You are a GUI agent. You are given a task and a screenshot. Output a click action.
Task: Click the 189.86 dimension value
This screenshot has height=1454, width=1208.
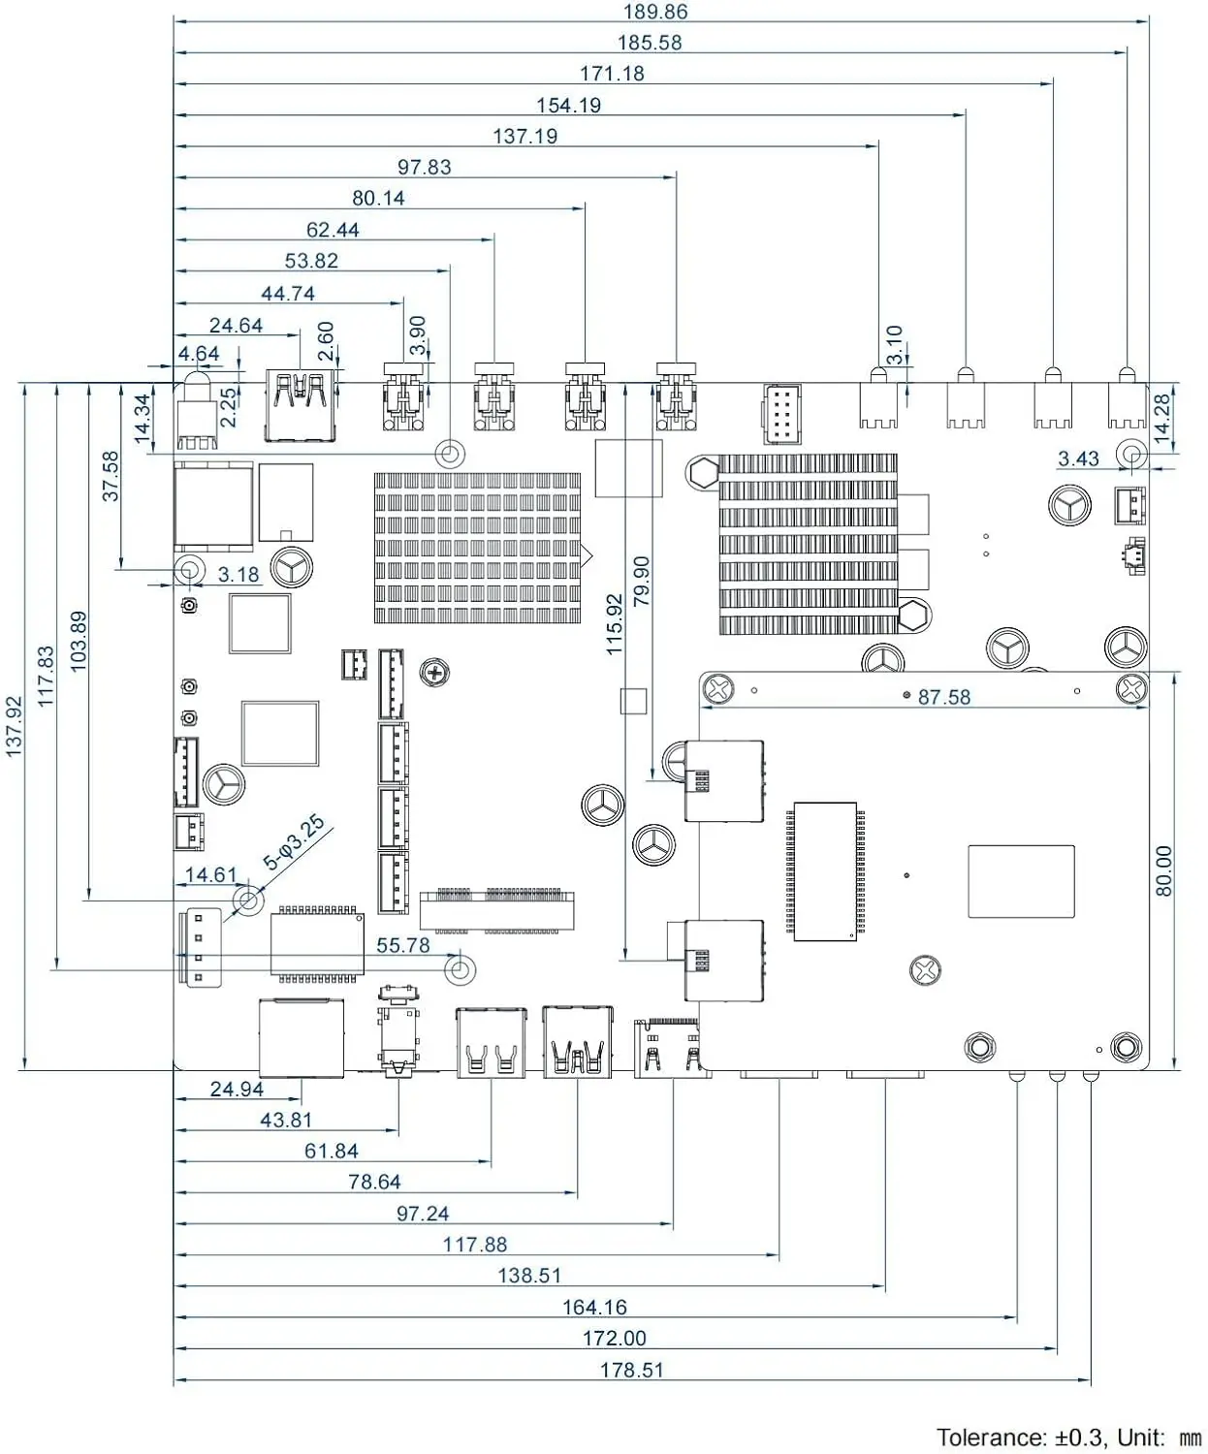(654, 12)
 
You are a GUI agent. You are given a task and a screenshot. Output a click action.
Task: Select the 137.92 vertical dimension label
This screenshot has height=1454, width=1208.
(14, 726)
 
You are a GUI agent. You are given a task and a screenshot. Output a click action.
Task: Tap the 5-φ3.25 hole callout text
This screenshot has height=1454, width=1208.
(294, 842)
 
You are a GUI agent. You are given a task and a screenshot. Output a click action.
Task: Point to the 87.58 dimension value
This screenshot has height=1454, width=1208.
(944, 697)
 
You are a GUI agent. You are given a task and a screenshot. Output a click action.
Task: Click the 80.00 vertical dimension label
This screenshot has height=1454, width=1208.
(1163, 870)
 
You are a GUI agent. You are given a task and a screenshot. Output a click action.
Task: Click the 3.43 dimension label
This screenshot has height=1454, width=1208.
(1078, 458)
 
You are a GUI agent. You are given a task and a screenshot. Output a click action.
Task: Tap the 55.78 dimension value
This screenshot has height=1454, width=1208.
(403, 945)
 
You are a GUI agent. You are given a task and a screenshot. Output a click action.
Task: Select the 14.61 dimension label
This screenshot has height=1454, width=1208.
(211, 874)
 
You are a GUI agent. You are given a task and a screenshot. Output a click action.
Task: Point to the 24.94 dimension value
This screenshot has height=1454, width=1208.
(237, 1090)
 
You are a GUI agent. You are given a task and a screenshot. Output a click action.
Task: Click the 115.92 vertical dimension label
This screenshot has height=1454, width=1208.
(614, 624)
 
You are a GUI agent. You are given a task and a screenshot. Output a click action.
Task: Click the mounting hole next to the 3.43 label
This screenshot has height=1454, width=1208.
(1131, 455)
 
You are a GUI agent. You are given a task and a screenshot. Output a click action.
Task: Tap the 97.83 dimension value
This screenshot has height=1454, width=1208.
(425, 167)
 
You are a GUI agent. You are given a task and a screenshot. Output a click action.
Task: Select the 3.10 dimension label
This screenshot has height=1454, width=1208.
(895, 345)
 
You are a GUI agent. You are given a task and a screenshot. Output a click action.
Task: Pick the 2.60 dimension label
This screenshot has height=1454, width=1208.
(326, 341)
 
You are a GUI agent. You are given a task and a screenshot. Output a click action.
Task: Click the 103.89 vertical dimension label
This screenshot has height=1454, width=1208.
(79, 642)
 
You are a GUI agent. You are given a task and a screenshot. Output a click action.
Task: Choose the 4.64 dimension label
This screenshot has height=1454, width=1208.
(199, 354)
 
